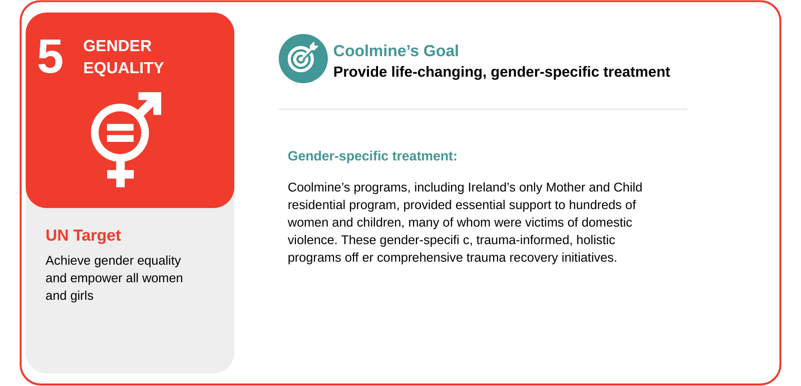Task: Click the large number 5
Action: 51,57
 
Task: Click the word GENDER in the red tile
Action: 117,46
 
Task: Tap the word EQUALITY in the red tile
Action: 123,68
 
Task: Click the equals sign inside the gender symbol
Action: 120,133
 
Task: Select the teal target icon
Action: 303,59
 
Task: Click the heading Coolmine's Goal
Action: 396,51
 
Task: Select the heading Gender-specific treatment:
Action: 372,156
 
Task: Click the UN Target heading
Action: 83,235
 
